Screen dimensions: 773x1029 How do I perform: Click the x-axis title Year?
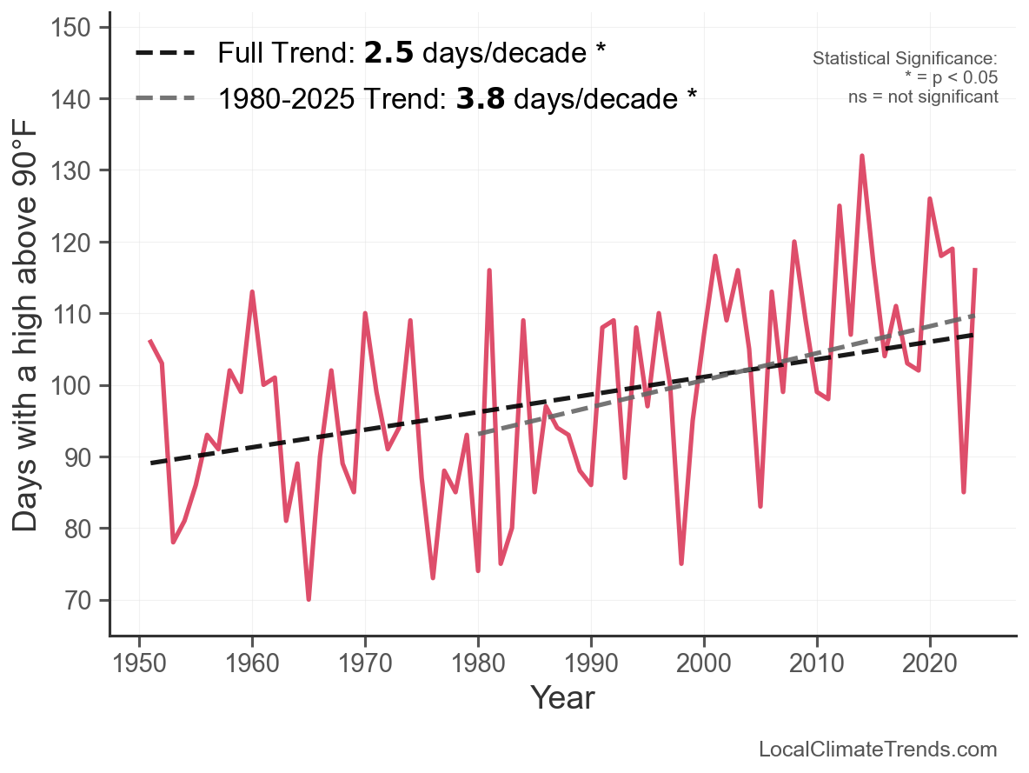pos(562,697)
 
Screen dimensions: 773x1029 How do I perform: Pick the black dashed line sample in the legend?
pos(165,54)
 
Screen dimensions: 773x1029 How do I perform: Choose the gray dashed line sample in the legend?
pos(165,98)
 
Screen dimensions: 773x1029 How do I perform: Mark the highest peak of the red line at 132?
pos(862,156)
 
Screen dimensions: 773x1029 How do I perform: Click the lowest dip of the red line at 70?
pos(309,599)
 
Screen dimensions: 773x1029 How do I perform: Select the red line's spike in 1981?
pos(489,270)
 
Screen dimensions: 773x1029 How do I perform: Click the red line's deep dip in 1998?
pos(681,563)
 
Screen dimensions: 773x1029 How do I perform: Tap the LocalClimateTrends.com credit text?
pos(878,750)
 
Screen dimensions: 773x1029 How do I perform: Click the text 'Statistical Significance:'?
pos(905,59)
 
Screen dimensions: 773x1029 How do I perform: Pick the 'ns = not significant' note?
pos(923,97)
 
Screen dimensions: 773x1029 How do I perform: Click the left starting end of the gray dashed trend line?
pos(479,434)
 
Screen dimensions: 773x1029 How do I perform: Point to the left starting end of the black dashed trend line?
pos(151,463)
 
